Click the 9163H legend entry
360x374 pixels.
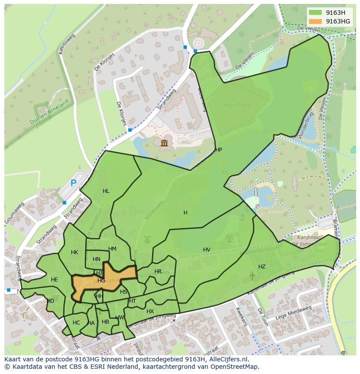pyautogui.click(x=335, y=13)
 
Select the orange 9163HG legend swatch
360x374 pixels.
pyautogui.click(x=316, y=21)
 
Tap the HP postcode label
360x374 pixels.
pyautogui.click(x=219, y=150)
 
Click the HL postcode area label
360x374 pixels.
pyautogui.click(x=106, y=191)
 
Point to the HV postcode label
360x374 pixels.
pyautogui.click(x=207, y=250)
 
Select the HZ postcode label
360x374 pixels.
pyautogui.click(x=262, y=267)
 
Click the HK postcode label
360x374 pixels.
pyautogui.click(x=74, y=252)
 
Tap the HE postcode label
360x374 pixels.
pyautogui.click(x=54, y=280)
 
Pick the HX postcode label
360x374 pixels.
pyautogui.click(x=150, y=311)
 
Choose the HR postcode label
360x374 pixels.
pyautogui.click(x=158, y=271)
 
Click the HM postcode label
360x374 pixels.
pyautogui.click(x=112, y=249)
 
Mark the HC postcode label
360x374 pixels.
pyautogui.click(x=77, y=323)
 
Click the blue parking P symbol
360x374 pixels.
pyautogui.click(x=73, y=183)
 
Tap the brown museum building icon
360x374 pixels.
pyautogui.click(x=164, y=143)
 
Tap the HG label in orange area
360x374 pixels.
pyautogui.click(x=101, y=281)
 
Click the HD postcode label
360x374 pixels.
pyautogui.click(x=50, y=301)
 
